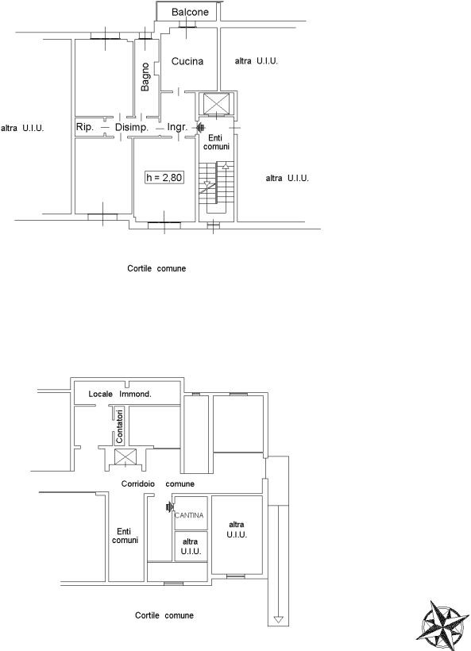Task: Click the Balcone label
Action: (190, 12)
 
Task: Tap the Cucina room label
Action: (187, 61)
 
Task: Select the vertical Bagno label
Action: (145, 77)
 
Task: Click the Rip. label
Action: (85, 127)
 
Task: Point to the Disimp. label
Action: (132, 127)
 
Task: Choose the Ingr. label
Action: (177, 127)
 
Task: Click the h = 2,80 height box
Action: (164, 177)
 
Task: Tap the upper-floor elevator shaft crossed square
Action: (216, 103)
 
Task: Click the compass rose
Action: (442, 626)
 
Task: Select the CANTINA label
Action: (189, 515)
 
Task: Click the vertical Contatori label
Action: (120, 426)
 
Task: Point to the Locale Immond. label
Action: (120, 394)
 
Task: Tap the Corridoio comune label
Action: (158, 483)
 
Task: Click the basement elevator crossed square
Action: (125, 456)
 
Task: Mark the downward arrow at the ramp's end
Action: (278, 619)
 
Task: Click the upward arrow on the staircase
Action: (226, 166)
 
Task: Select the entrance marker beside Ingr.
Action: (200, 128)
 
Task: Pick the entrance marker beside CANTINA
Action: (169, 507)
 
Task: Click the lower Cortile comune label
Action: (164, 615)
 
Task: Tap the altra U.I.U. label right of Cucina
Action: (257, 61)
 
